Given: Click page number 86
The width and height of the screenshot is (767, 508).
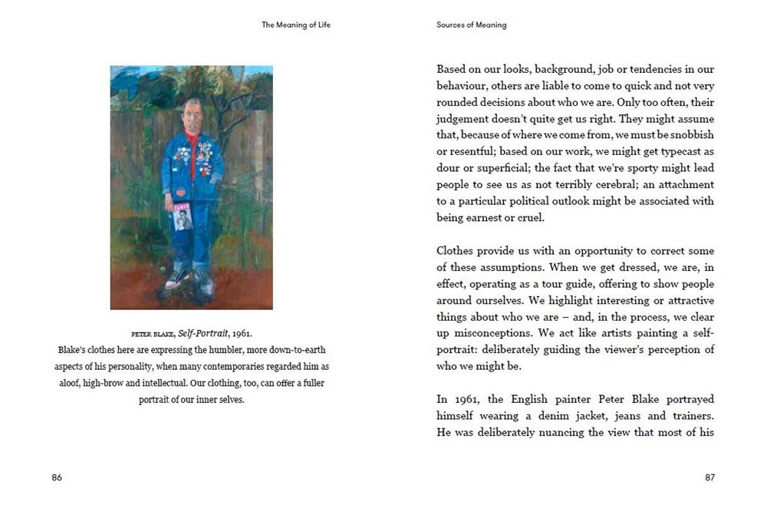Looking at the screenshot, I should click(x=57, y=477).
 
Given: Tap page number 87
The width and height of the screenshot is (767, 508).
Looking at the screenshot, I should click(x=709, y=477).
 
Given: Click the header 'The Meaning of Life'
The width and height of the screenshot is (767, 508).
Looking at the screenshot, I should click(x=296, y=25).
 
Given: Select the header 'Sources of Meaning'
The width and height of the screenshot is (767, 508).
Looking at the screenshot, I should click(x=472, y=25).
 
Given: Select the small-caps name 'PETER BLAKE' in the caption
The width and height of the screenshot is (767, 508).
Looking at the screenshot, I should click(x=153, y=335).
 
